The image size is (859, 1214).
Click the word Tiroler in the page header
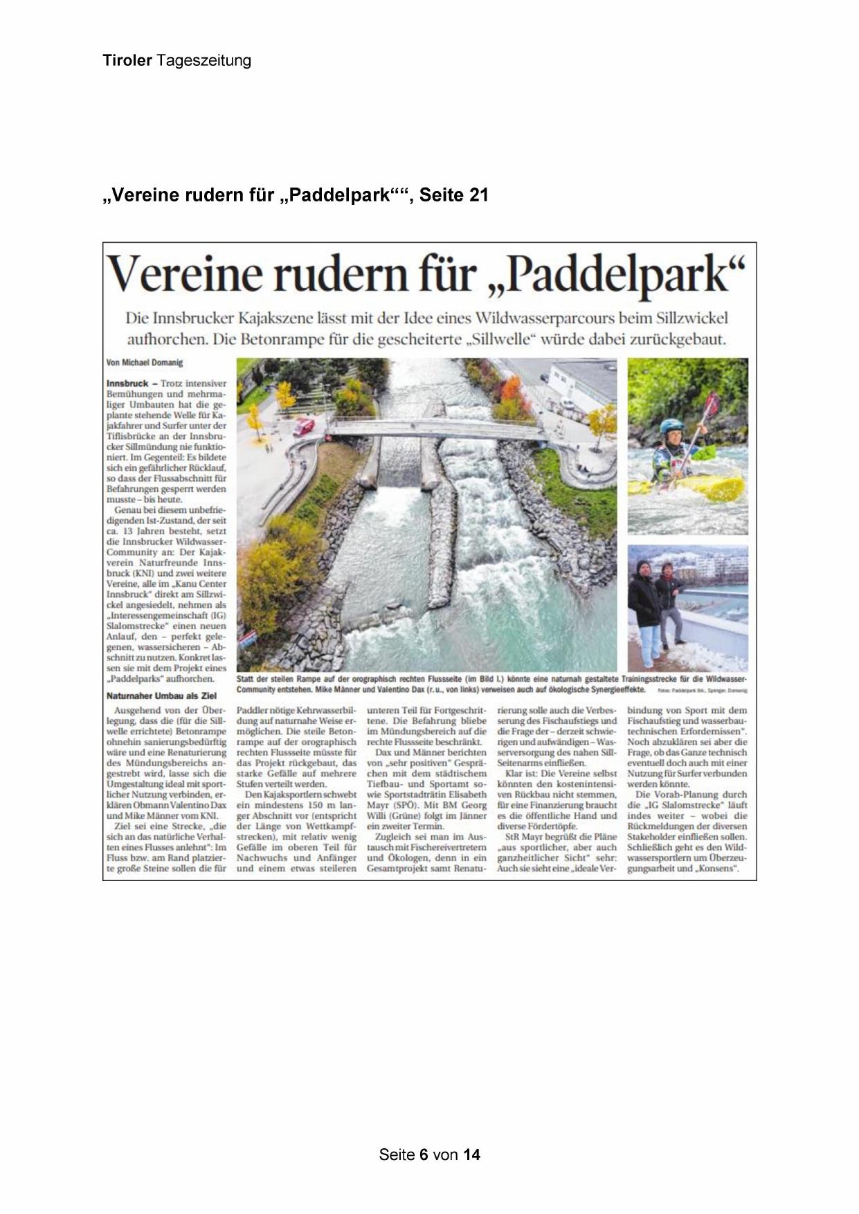[x=127, y=60]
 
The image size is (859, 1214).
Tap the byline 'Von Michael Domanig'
[x=145, y=363]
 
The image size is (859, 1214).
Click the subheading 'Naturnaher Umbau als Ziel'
[x=161, y=696]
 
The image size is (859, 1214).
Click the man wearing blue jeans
[x=646, y=609]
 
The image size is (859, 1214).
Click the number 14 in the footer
[x=471, y=1154]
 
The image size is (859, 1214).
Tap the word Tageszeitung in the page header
[x=204, y=60]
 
